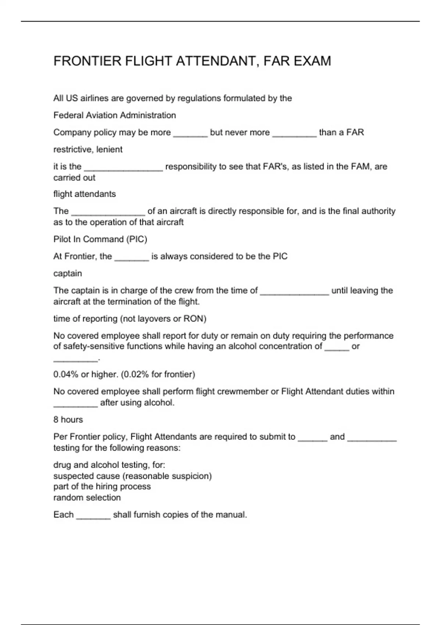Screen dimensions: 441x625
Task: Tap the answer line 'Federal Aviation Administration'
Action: coord(115,115)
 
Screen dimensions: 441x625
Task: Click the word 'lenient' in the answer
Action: coord(110,150)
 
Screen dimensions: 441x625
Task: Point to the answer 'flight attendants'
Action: coord(85,194)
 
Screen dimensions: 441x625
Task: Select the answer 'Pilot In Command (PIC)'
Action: coord(100,239)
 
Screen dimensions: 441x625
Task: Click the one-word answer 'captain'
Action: coord(68,274)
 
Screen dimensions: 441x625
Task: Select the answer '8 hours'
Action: coord(68,420)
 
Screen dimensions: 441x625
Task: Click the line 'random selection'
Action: coord(87,498)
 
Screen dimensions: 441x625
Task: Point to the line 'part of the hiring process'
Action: coord(102,487)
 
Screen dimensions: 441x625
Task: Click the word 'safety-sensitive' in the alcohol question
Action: coord(94,346)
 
